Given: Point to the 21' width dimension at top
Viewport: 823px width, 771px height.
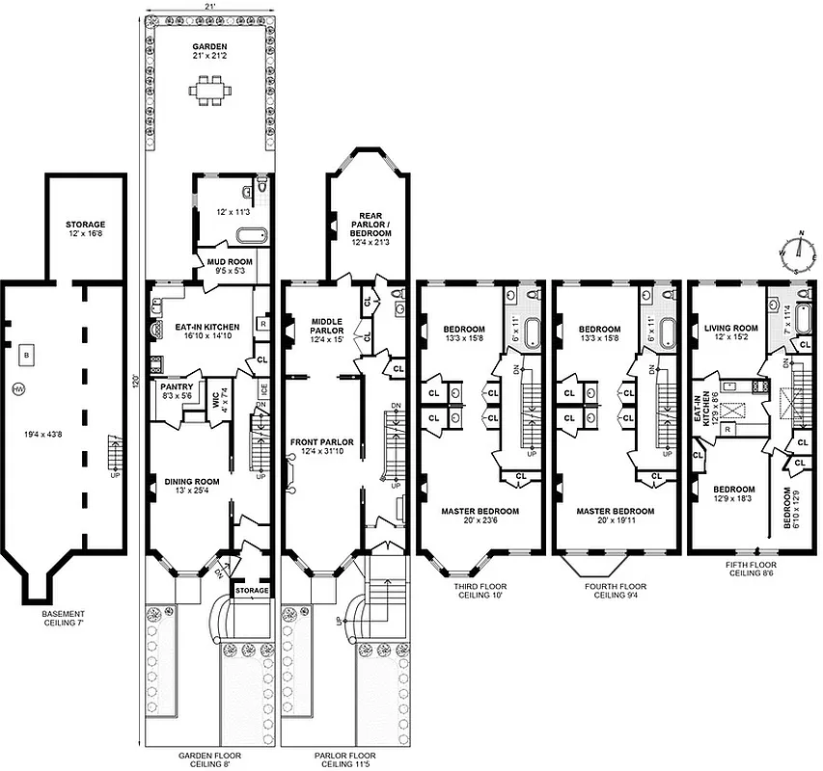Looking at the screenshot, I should (208, 7).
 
